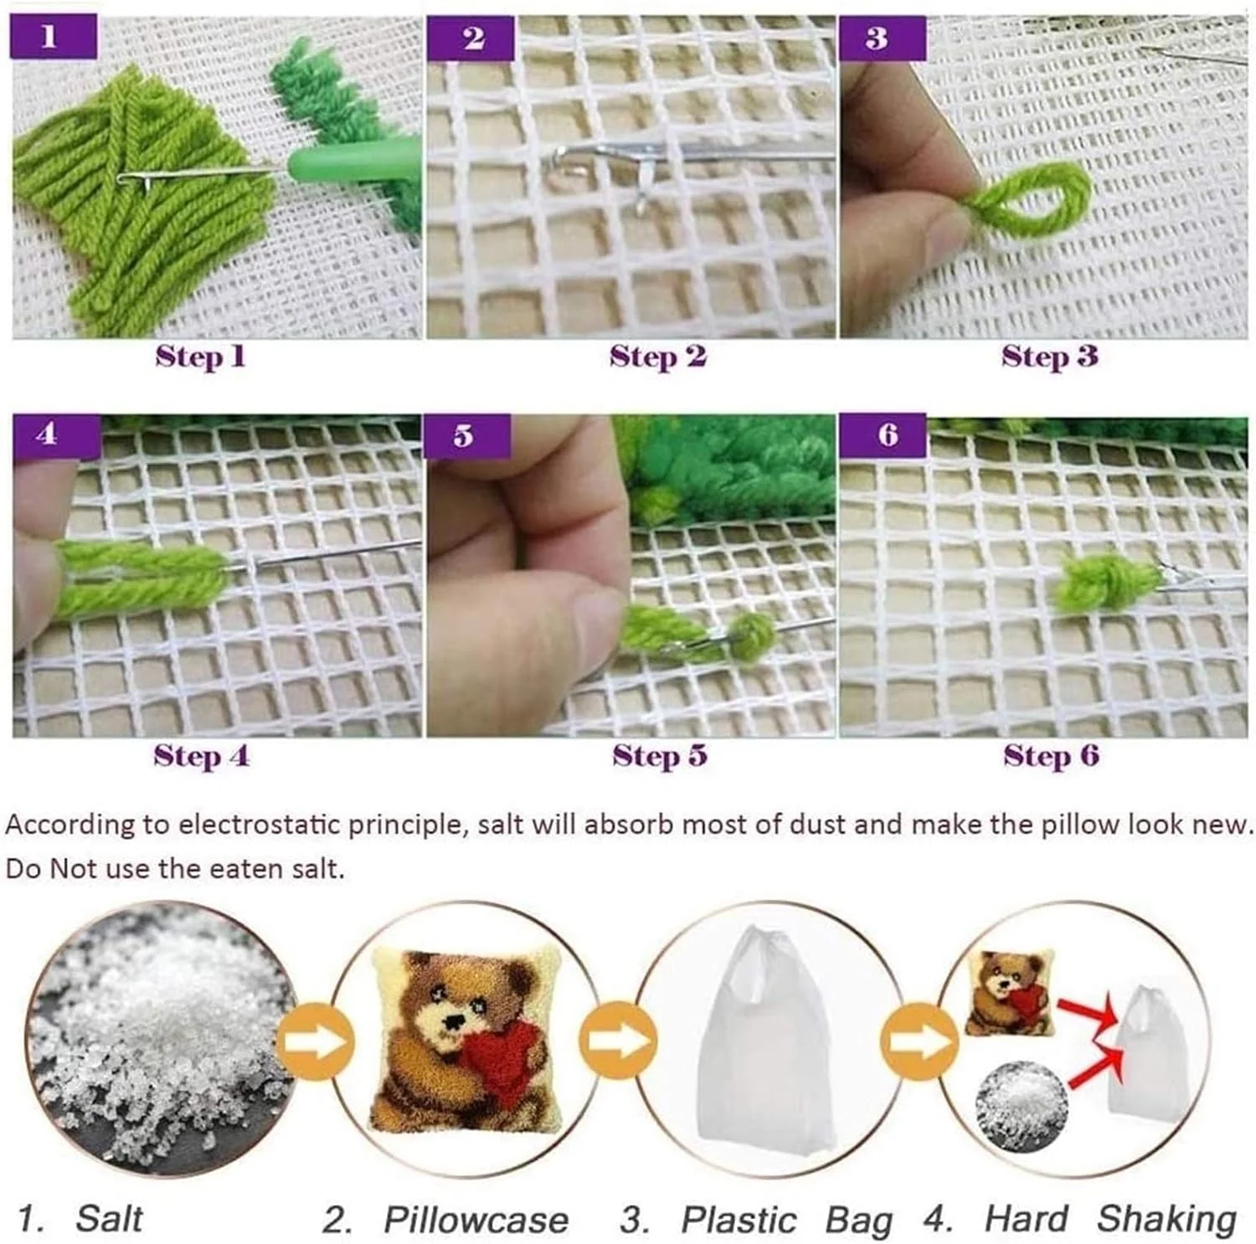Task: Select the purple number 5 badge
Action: tap(466, 436)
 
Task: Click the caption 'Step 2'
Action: tap(658, 357)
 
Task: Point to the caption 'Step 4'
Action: tap(201, 756)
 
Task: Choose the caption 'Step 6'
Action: tap(1052, 756)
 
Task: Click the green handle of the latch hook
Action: tap(352, 159)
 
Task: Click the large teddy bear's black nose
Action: tap(453, 1022)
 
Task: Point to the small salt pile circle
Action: tap(1021, 1098)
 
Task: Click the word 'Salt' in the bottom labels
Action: tap(109, 1218)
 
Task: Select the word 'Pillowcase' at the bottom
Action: tap(476, 1220)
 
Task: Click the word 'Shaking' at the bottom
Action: tap(1166, 1220)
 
